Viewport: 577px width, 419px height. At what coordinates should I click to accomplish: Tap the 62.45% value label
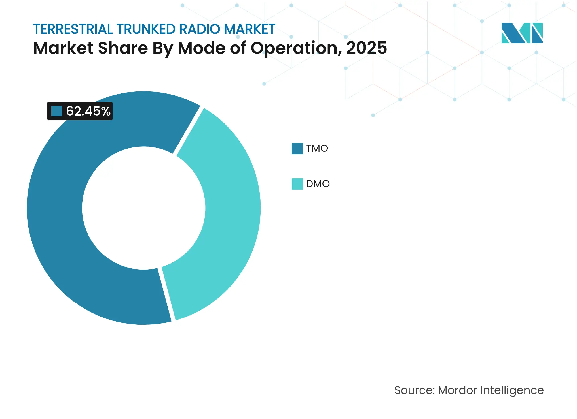point(88,111)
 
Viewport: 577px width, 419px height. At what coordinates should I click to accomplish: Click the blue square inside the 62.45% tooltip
point(56,111)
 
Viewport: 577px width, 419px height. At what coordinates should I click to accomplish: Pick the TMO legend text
point(317,148)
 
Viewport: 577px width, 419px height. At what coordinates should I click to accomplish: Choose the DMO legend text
point(318,184)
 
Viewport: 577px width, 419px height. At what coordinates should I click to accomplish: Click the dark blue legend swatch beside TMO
point(297,148)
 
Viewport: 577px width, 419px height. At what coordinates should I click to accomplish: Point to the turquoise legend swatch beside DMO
point(297,184)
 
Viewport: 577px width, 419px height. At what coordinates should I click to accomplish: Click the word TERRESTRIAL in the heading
point(73,29)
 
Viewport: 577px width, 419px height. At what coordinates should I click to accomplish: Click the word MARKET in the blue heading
point(250,29)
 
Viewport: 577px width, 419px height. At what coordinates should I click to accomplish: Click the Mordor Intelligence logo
point(522,33)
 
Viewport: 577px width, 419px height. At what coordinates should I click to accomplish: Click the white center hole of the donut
point(144,208)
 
